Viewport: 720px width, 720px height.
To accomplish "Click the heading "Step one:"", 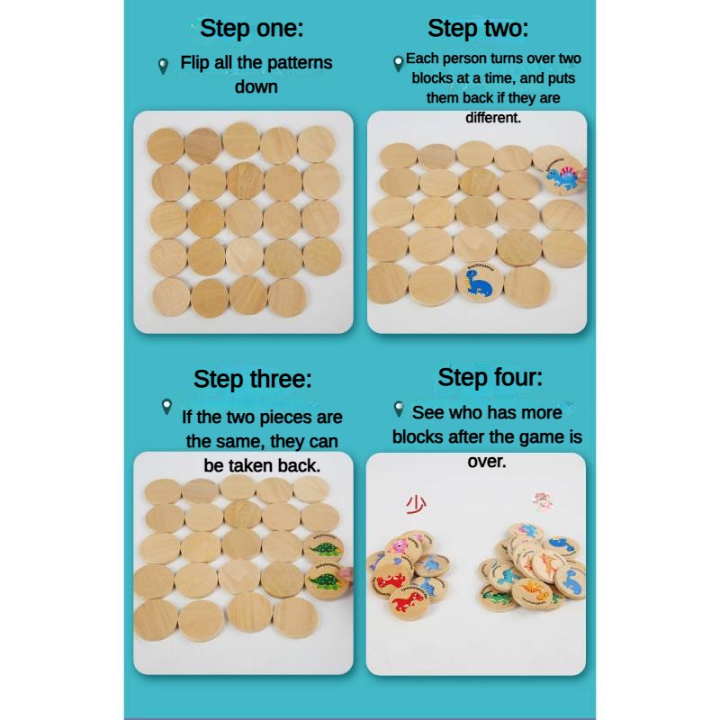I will point(251,28).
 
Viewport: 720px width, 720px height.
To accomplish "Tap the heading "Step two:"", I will point(478,28).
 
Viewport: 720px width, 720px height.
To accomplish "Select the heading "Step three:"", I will point(252,379).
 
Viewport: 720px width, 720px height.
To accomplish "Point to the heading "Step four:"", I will point(490,376).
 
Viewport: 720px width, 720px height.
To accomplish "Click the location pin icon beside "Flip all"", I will point(163,66).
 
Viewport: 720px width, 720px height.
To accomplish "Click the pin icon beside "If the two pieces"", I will point(166,407).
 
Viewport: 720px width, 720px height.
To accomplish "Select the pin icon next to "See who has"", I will point(399,410).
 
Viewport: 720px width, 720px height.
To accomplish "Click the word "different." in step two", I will point(493,118).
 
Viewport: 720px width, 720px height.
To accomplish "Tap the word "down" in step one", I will point(256,87).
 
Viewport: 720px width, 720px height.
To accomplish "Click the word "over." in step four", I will point(487,461).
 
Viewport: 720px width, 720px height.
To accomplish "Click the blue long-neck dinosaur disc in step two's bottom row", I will point(480,281).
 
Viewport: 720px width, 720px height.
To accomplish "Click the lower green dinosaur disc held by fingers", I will point(325,580).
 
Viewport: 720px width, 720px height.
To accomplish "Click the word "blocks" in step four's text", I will point(420,437).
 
